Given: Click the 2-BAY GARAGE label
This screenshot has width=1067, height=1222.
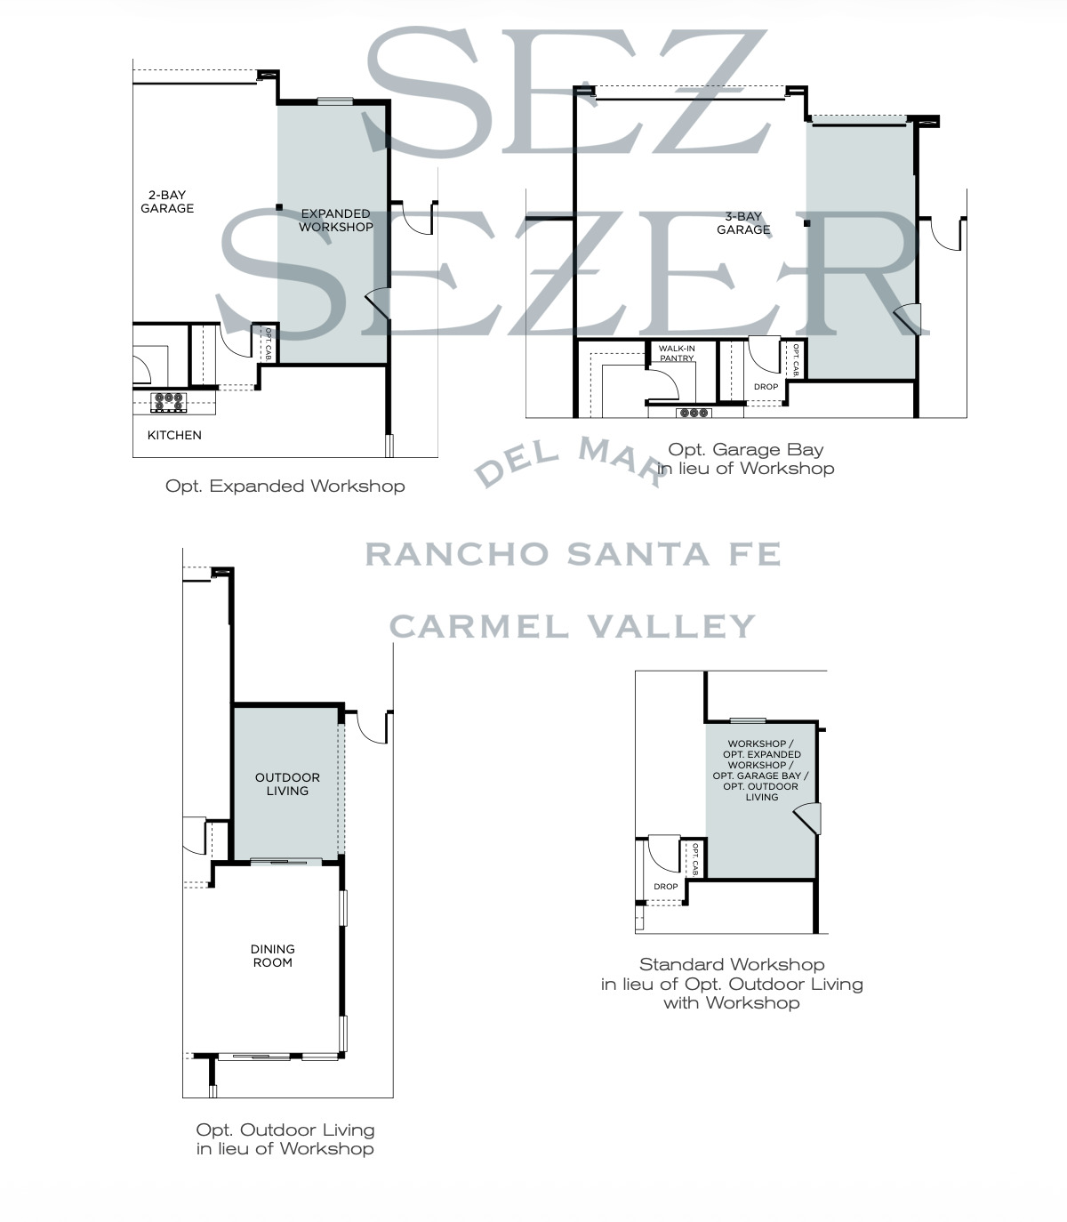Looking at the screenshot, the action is [x=167, y=201].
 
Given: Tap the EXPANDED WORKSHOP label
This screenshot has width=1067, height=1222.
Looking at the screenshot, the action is [x=335, y=220].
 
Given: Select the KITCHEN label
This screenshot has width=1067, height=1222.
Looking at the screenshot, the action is [x=174, y=435].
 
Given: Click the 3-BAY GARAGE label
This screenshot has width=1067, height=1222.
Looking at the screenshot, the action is [x=743, y=222].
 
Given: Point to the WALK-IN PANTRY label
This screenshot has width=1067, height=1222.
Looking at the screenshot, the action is [x=677, y=353].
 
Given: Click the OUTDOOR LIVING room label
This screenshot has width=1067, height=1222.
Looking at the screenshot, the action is [x=287, y=784].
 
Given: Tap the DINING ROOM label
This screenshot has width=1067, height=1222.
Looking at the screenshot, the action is [x=272, y=955].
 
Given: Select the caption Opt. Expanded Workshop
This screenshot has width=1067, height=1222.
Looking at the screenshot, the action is [x=285, y=486].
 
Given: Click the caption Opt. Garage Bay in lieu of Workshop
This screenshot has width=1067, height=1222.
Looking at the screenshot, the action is [x=745, y=459].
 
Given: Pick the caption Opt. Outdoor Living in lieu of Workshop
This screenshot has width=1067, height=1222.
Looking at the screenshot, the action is [x=285, y=1139].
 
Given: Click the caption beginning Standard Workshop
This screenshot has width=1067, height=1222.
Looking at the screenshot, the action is [x=732, y=984].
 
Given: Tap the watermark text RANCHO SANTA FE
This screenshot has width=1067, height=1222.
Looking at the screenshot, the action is [x=574, y=554].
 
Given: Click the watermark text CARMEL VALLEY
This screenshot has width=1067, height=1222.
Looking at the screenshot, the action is [x=573, y=626].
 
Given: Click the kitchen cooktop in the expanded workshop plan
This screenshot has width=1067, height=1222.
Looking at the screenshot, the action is [x=168, y=402].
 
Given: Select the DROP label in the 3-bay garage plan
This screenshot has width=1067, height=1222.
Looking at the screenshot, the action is [x=766, y=386].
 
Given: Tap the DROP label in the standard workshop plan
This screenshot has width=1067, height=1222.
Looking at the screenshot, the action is [x=666, y=887].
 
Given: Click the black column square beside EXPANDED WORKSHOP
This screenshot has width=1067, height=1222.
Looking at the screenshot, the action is [x=279, y=207].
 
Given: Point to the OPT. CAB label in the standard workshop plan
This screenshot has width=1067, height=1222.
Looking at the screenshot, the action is [x=695, y=859].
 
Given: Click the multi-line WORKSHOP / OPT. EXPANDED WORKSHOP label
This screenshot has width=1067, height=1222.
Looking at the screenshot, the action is [x=761, y=770].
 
